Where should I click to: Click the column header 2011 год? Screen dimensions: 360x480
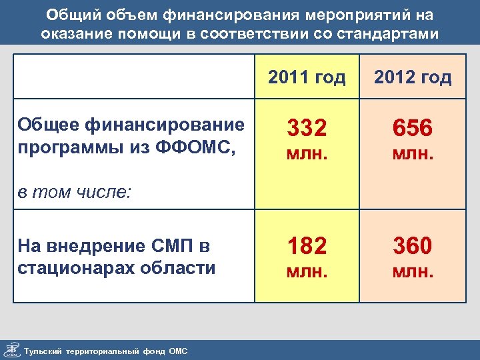click(x=307, y=78)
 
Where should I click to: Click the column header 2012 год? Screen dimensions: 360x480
click(x=413, y=78)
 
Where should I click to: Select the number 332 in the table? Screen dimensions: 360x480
click(x=307, y=128)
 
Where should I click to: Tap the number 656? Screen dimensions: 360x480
click(x=413, y=128)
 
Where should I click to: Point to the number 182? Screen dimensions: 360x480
click(x=307, y=247)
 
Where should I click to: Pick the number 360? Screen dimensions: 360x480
click(x=413, y=247)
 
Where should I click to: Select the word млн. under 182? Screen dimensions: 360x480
click(x=307, y=271)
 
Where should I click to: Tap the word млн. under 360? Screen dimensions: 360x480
click(x=413, y=271)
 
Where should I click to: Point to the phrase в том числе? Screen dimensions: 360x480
click(x=74, y=193)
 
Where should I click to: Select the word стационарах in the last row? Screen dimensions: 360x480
click(x=72, y=268)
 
